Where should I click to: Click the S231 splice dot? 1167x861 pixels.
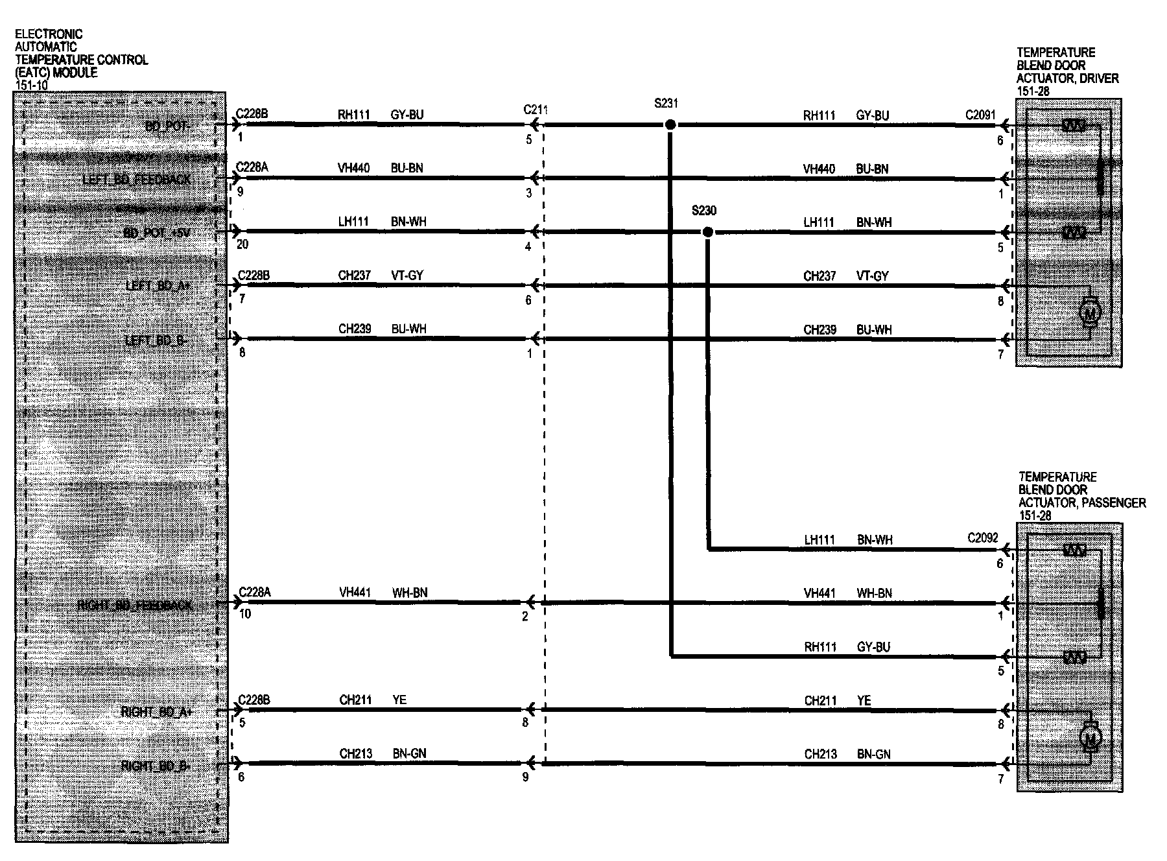[670, 124]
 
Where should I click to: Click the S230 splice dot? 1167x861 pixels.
[708, 232]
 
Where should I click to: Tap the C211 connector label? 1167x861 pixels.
[536, 110]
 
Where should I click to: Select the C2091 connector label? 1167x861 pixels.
[980, 115]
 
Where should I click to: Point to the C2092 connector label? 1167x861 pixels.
[982, 538]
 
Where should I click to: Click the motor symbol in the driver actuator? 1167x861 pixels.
[1090, 314]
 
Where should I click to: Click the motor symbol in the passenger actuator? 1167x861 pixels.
[1090, 737]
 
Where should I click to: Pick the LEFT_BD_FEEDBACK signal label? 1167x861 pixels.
[137, 179]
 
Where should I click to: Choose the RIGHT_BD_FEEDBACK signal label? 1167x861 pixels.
[134, 606]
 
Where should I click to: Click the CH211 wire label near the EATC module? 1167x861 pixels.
[355, 700]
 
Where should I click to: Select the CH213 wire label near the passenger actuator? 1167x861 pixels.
[820, 754]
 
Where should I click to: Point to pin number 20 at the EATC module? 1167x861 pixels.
[242, 245]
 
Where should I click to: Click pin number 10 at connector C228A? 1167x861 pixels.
[245, 614]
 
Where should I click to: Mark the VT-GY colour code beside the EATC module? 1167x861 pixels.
[407, 276]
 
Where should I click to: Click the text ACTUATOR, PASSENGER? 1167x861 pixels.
[1081, 503]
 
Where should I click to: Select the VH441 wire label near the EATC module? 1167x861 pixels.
[355, 593]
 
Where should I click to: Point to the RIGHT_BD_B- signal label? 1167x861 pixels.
[156, 766]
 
